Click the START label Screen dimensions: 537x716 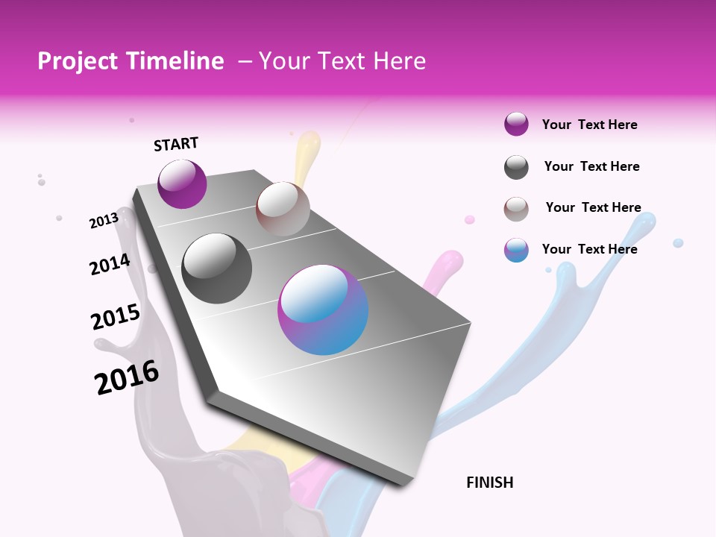176,144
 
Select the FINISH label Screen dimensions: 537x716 489,483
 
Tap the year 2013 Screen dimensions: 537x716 104,221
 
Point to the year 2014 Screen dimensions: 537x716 110,265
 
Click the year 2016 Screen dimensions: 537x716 127,377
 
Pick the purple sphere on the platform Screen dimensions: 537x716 182,183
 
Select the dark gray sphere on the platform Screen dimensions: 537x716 217,268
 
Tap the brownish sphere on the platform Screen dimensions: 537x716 283,209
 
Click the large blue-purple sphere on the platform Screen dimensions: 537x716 323,310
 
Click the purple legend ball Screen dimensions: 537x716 516,125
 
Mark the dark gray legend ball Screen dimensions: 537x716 516,167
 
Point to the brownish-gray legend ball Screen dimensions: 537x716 516,209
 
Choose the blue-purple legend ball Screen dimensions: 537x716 516,250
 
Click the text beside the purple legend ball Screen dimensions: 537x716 589,125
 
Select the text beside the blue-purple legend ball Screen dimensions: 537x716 589,249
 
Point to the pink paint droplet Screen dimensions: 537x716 470,219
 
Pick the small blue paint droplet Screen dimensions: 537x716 678,243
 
